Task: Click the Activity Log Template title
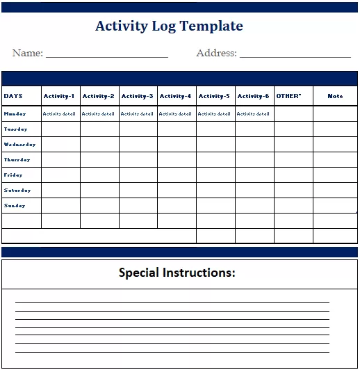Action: pos(169,26)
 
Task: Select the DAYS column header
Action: pos(13,96)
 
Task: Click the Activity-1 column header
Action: pos(58,96)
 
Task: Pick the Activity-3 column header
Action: pos(137,96)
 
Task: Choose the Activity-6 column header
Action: pos(253,96)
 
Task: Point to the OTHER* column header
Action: pos(288,96)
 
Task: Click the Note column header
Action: pos(335,96)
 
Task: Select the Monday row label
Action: pos(15,113)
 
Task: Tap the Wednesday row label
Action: pos(19,145)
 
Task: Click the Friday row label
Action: pos(13,175)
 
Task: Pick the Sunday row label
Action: pos(15,206)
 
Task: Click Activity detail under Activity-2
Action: pos(98,113)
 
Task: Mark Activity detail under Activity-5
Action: pos(214,113)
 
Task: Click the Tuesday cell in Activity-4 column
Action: pos(177,129)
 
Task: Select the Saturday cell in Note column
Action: pos(335,191)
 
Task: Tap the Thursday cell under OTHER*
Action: pos(293,160)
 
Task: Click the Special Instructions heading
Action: pos(177,273)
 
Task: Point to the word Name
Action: pos(27,53)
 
